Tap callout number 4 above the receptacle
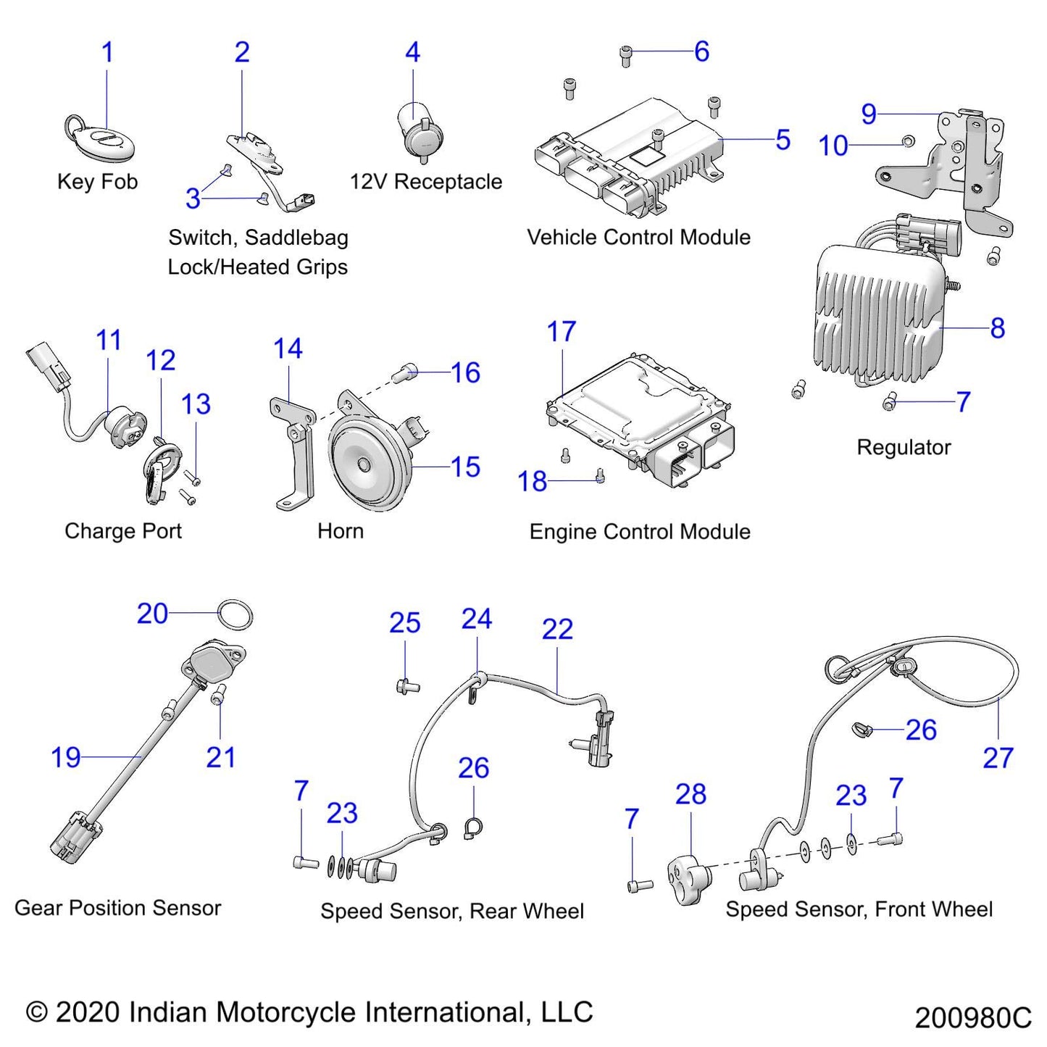point(412,52)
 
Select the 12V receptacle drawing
point(420,135)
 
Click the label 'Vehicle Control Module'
point(638,237)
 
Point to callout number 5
point(783,140)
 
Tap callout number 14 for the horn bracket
point(288,349)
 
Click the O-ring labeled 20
point(236,615)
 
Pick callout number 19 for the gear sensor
point(65,757)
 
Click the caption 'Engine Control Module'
point(640,532)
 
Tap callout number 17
point(562,332)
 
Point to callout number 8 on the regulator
point(997,328)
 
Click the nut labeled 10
point(907,140)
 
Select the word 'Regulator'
point(904,447)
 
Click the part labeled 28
point(689,877)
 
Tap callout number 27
point(998,758)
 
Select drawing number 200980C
point(972,1018)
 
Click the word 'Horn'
point(341,531)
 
